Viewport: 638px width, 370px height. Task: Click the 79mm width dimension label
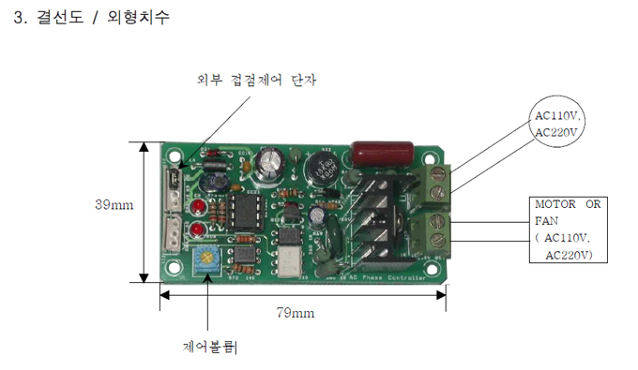pyautogui.click(x=296, y=312)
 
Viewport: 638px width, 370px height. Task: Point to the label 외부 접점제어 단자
pyautogui.click(x=257, y=81)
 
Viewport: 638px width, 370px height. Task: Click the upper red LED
pyautogui.click(x=198, y=206)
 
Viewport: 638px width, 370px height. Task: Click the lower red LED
pyautogui.click(x=198, y=230)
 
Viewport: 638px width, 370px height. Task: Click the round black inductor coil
pyautogui.click(x=326, y=170)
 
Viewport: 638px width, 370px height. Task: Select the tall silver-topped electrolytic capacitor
pyautogui.click(x=271, y=161)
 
